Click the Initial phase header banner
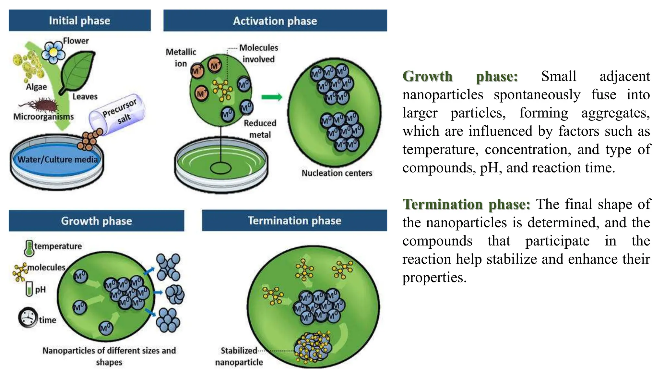point(79,20)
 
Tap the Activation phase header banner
point(275,21)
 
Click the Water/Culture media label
point(57,159)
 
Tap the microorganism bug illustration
point(42,105)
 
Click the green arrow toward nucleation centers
point(272,97)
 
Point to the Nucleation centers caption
point(337,173)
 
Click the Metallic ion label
point(181,57)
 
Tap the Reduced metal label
point(260,129)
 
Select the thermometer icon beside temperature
point(29,248)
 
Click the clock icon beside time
point(28,317)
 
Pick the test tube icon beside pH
point(29,289)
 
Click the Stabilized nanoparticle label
point(239,356)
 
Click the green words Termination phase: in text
point(466,204)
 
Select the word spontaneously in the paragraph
point(537,95)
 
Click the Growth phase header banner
point(96,221)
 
